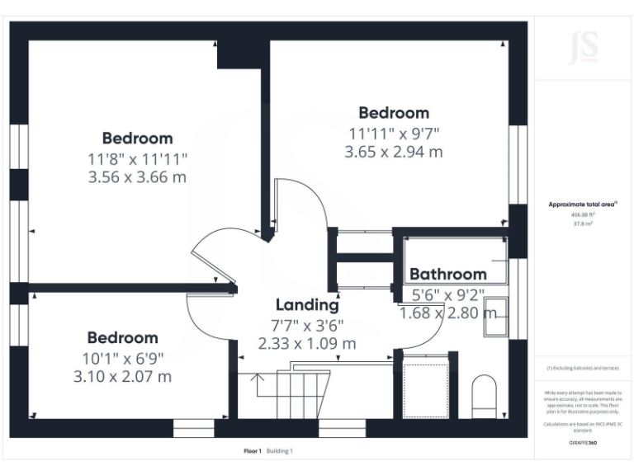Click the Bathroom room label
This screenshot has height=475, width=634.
pos(447,274)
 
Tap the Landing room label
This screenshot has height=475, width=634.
pos(307,305)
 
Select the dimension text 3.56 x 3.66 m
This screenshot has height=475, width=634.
pos(137,177)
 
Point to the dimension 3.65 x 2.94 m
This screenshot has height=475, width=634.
pos(393,152)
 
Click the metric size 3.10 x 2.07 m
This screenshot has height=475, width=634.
pos(122,377)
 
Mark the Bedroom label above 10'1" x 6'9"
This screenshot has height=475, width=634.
pos(122,337)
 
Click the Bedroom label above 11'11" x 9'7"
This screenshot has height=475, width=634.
pos(393,113)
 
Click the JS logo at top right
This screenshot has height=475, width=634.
pos(584,47)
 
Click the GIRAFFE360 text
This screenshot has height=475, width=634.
pos(583,443)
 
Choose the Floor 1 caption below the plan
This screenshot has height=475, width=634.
pos(253,451)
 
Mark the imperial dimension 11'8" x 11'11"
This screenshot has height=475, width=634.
pos(137,158)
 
